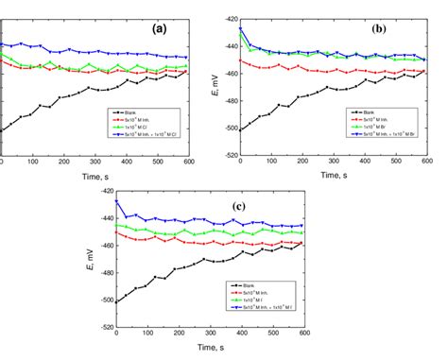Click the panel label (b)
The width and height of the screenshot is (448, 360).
click(379, 28)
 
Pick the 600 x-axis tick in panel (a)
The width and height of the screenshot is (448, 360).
click(186, 164)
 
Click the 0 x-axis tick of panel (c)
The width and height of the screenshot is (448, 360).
click(116, 335)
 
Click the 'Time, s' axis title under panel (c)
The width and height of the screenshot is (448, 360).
click(210, 349)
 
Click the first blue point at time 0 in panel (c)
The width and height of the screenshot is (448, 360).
click(116, 201)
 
